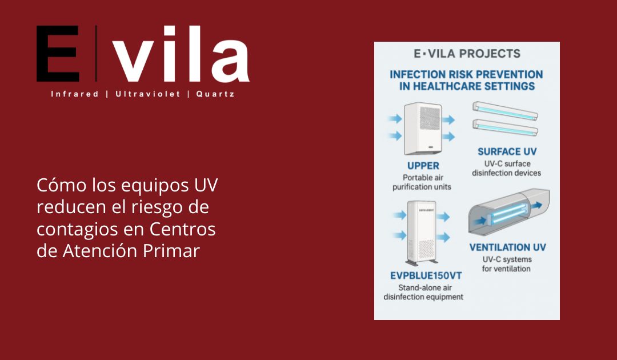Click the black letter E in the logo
tap(58, 54)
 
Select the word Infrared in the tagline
tap(75, 94)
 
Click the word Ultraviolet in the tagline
tap(147, 94)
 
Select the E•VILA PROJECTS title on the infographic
tap(467, 54)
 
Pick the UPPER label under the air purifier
tap(423, 166)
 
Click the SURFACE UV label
tap(507, 152)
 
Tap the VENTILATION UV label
tap(507, 247)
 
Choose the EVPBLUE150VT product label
tap(426, 275)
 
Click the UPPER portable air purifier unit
tap(423, 129)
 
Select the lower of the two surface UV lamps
tap(506, 126)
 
